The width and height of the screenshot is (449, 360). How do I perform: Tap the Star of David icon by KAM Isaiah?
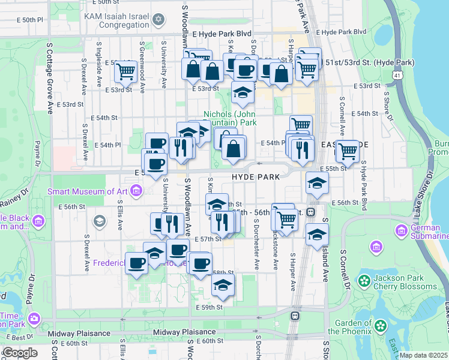158,20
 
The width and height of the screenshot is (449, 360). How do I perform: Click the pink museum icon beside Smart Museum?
137,191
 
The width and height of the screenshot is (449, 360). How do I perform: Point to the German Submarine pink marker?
401,230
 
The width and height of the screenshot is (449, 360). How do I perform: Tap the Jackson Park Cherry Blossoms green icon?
364,280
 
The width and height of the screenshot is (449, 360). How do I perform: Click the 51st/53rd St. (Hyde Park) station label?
369,62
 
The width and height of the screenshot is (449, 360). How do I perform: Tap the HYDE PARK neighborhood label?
256,177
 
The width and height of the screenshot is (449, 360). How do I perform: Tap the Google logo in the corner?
20,352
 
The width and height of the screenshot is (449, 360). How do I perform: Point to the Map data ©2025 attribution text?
423,355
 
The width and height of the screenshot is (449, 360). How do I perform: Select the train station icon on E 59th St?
295,316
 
